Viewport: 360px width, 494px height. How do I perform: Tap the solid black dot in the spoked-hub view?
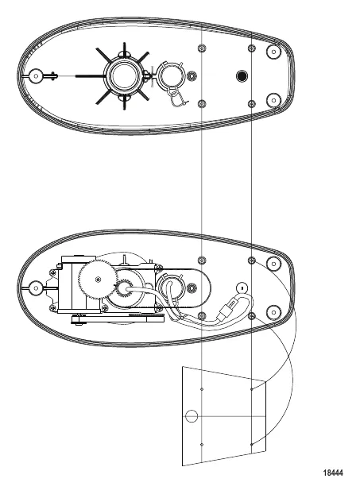(x=242, y=76)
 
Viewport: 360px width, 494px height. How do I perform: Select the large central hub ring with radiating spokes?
(x=124, y=76)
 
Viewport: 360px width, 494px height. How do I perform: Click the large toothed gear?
(x=98, y=279)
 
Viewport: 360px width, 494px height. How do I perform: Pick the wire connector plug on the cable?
(x=227, y=308)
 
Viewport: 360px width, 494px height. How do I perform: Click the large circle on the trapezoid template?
(x=192, y=416)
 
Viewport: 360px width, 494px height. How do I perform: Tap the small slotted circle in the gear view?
(x=242, y=288)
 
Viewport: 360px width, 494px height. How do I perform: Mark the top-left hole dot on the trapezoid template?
(x=202, y=389)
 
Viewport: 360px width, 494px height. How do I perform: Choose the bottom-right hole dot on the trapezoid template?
(x=251, y=444)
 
